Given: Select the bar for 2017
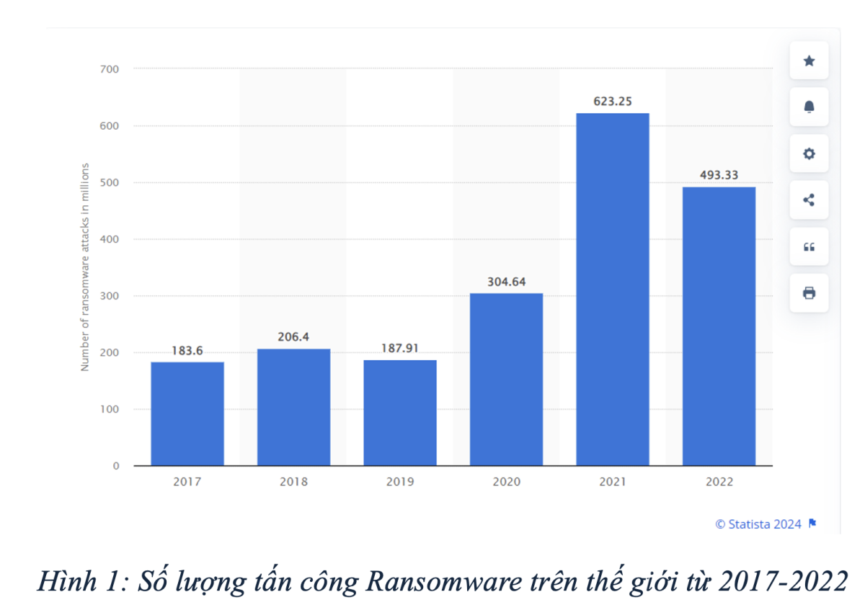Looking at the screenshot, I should coord(187,413).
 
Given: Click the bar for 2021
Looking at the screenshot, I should coord(613,289).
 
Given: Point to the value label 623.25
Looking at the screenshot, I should coord(613,102).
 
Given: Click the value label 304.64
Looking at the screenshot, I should coord(506,282).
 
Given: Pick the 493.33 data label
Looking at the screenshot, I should coord(719,175).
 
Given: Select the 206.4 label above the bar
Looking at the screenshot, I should coord(293,336).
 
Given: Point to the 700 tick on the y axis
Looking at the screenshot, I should coord(110,69).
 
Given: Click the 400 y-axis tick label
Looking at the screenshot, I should coord(110,239).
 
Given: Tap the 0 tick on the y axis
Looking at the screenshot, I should coord(115,466).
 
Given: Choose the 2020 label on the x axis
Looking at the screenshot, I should coord(506,482).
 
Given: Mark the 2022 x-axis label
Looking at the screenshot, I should coord(719,482).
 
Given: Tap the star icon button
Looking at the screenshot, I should coord(809,60).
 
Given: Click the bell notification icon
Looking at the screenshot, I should coord(809,107).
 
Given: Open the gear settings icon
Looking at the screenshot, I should coord(809,153).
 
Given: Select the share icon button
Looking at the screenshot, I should coord(809,200).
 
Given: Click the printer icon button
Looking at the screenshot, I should coord(809,292).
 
